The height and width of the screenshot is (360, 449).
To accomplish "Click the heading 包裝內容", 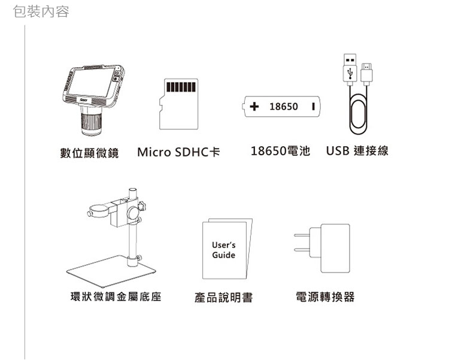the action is tap(41, 12).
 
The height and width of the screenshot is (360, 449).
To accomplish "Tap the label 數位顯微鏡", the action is tap(89, 153).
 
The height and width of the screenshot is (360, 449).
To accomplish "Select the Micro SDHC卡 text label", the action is tap(178, 152).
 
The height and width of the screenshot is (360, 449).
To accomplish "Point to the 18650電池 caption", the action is tap(280, 151).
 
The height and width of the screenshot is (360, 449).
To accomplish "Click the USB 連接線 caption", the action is tap(357, 151).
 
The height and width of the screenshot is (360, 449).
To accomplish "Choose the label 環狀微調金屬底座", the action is tap(116, 297).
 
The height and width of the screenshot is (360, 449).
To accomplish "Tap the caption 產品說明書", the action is tap(224, 297).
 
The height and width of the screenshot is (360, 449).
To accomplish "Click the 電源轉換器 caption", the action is tap(325, 297).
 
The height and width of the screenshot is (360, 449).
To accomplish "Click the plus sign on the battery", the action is tap(254, 107).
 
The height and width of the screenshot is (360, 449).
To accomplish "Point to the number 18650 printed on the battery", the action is tap(284, 107).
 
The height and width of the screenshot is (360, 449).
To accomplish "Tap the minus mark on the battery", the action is tap(314, 107).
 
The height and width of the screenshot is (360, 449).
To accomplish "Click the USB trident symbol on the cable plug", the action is tap(350, 73).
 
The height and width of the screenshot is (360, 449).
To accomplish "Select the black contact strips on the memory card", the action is tap(181, 87).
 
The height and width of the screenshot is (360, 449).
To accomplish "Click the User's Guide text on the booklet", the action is tap(224, 250).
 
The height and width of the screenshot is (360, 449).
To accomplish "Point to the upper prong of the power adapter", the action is tap(302, 235).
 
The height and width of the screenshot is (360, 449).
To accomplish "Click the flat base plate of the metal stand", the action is tap(111, 271).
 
